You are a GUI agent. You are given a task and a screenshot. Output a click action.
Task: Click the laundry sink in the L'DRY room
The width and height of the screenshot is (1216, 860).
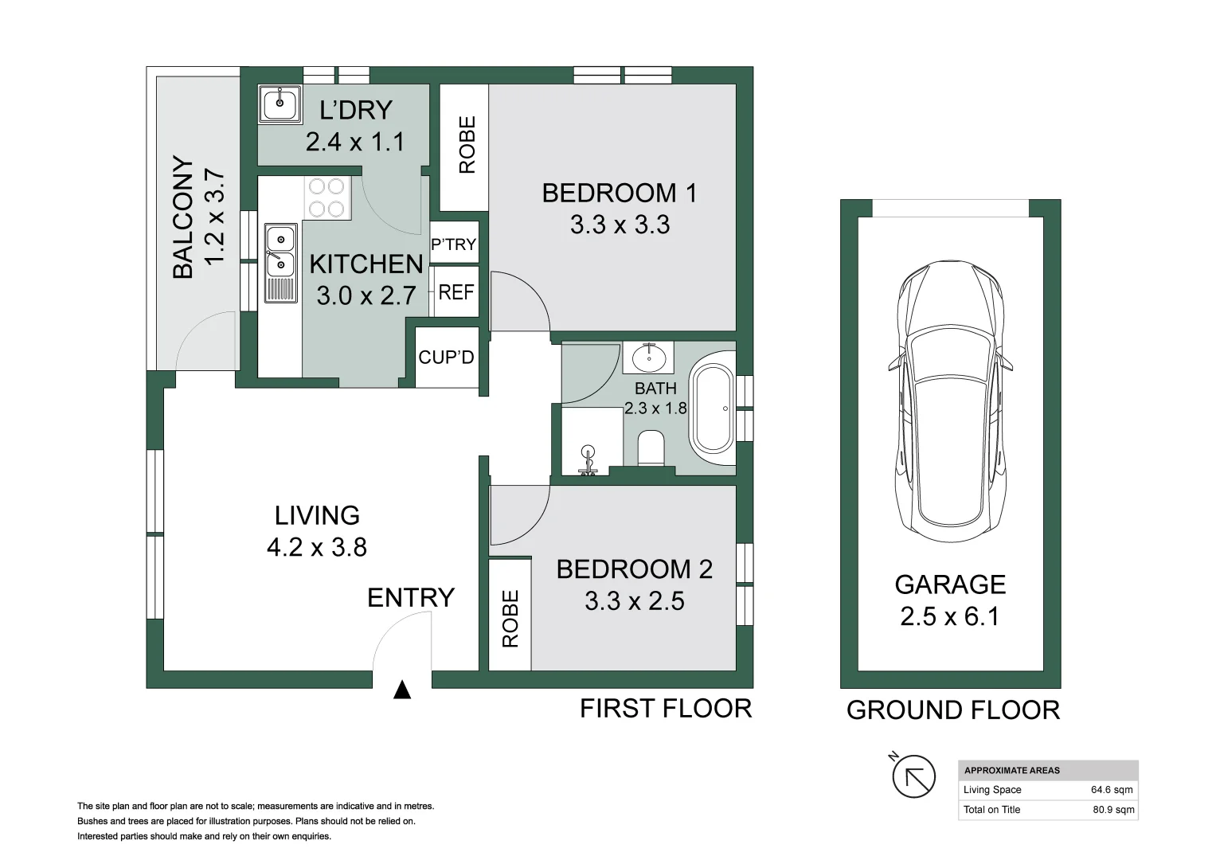coord(279,104)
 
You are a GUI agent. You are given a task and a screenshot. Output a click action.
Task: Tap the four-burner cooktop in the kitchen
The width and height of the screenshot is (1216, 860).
coord(327,197)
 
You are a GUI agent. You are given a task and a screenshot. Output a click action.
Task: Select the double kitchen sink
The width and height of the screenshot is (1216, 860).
coord(280,263)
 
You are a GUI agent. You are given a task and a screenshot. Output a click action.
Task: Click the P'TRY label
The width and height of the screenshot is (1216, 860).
coord(454,244)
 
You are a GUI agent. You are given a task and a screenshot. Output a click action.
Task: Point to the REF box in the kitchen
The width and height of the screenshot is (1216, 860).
coord(456,292)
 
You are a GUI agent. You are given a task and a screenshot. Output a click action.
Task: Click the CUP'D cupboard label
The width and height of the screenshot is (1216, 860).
coord(446,358)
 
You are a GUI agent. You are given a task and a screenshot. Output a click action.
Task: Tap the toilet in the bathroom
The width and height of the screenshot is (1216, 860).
coord(651,448)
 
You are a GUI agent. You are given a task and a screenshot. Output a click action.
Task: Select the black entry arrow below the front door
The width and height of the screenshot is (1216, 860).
coord(402,690)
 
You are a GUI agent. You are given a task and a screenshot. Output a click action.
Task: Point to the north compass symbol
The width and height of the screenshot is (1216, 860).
coord(913,776)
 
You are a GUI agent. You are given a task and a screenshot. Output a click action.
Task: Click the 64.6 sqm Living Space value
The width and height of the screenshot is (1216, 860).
coord(1111,790)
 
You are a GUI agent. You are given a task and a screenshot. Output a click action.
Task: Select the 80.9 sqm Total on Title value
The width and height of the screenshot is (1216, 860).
coord(1113,810)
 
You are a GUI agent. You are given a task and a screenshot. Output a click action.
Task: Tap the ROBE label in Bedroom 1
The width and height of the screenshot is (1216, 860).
coord(467,145)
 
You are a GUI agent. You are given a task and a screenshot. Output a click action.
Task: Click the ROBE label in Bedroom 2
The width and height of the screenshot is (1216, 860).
coord(510,618)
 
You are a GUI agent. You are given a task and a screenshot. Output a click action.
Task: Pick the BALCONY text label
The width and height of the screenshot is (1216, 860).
coord(183,217)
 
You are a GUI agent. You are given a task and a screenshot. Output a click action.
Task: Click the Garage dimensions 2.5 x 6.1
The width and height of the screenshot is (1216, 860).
coord(949,616)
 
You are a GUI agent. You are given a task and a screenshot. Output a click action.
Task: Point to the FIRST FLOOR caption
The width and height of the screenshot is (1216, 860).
coord(665,708)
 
